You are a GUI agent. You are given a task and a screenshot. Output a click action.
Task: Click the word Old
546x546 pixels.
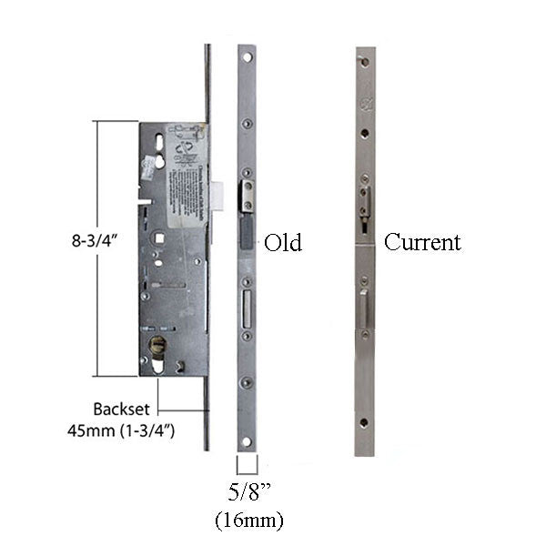[x=282, y=243]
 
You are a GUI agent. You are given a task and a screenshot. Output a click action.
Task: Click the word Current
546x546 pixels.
[x=422, y=242]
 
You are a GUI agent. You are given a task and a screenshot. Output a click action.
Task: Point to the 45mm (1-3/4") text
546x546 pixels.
[x=133, y=430]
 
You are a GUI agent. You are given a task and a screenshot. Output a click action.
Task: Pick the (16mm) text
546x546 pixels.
[x=248, y=521]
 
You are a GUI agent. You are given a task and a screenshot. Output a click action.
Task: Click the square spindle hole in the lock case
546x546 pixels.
[x=161, y=238]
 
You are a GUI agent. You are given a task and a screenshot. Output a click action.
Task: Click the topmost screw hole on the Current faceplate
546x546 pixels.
[x=365, y=63]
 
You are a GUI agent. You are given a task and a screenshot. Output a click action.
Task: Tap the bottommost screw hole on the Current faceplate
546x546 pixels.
[x=365, y=423]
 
